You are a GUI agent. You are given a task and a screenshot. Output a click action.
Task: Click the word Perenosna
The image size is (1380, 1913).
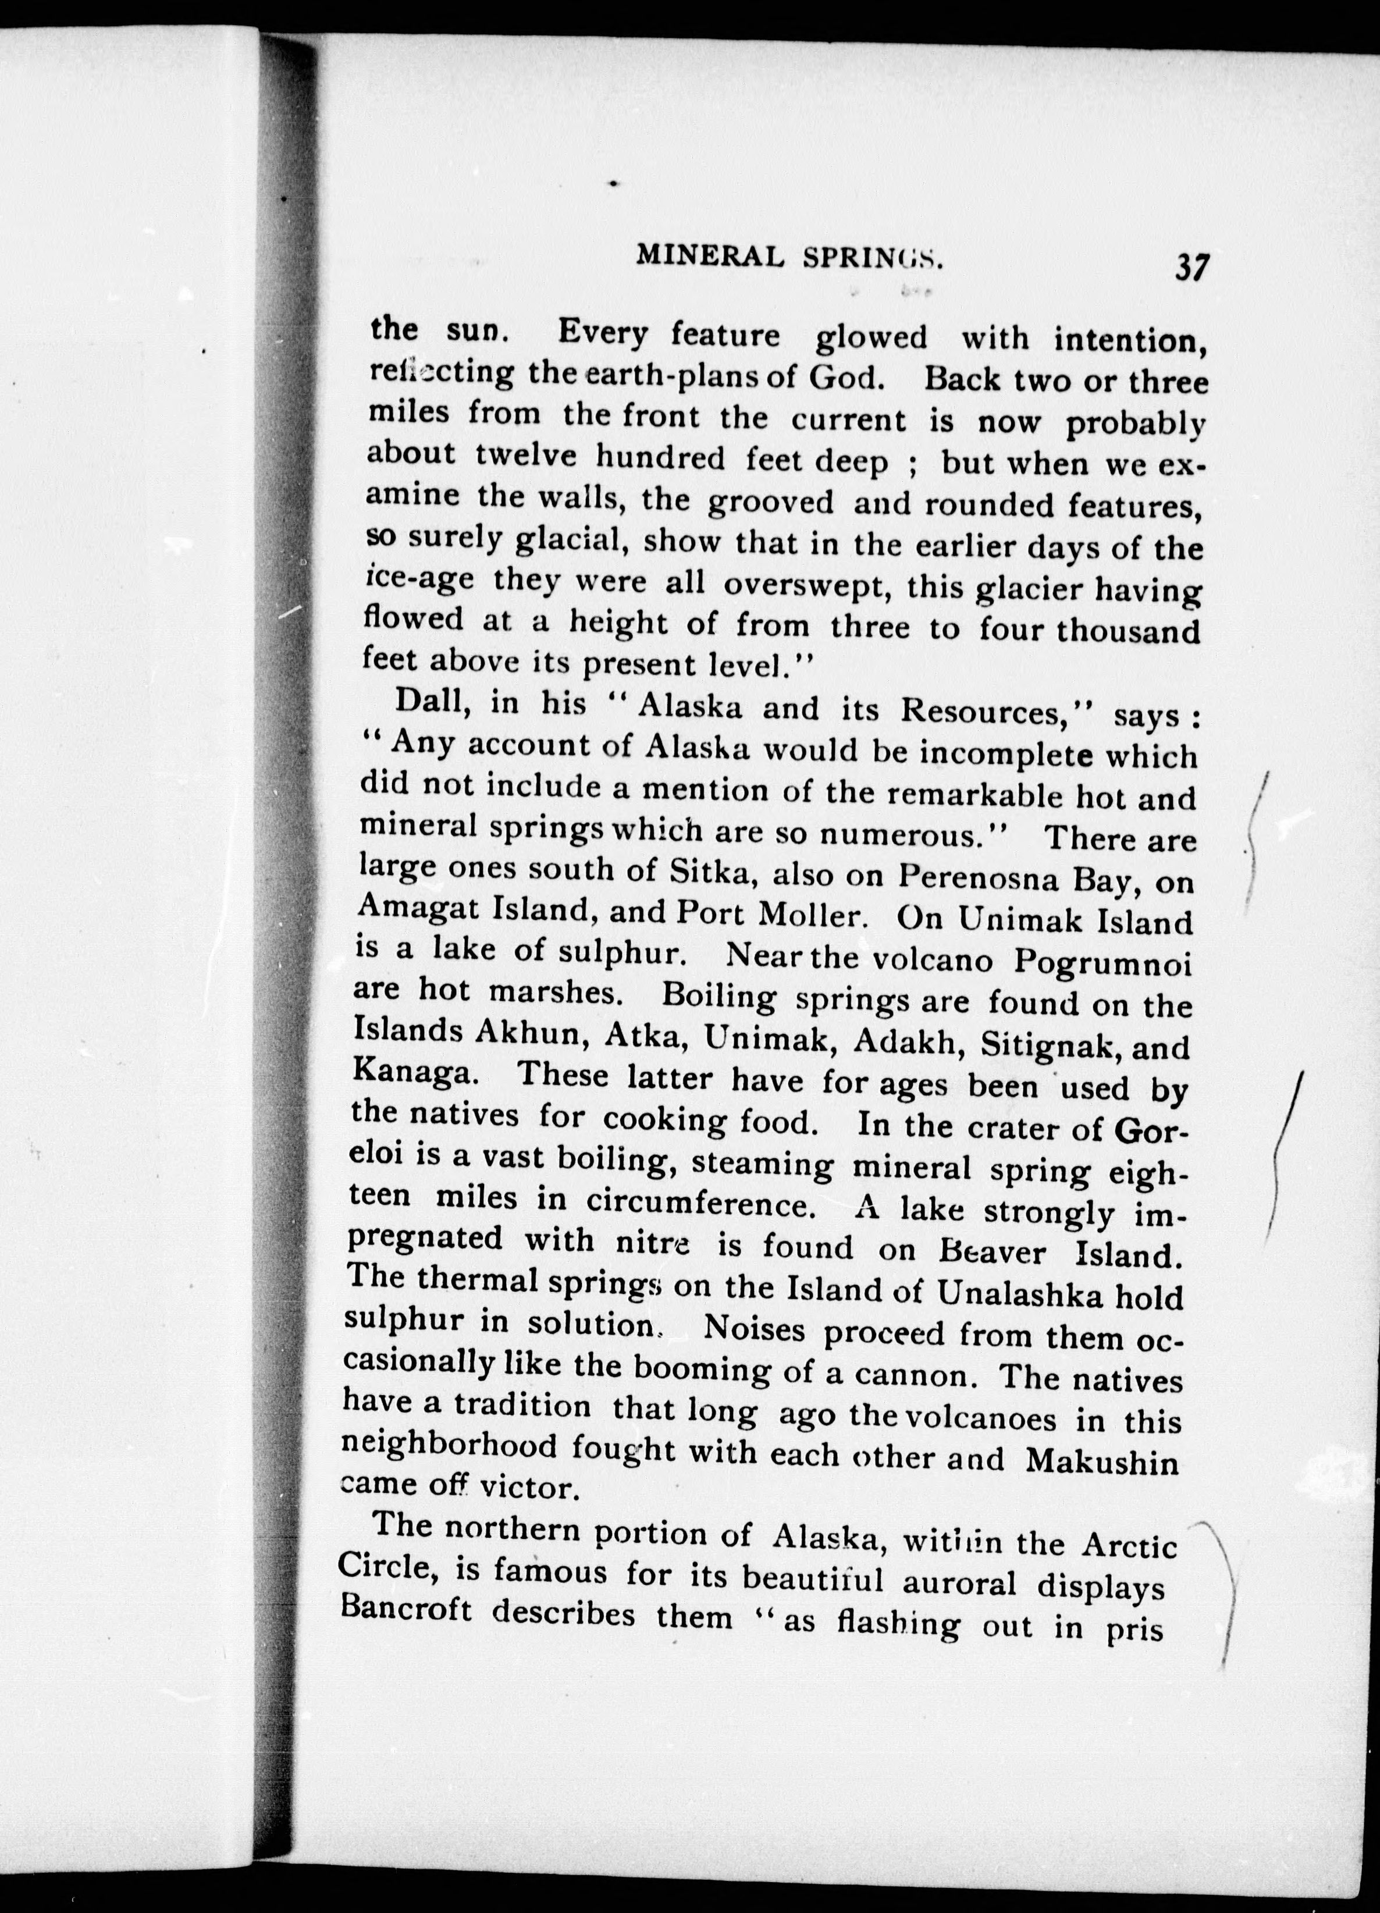tap(973, 877)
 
